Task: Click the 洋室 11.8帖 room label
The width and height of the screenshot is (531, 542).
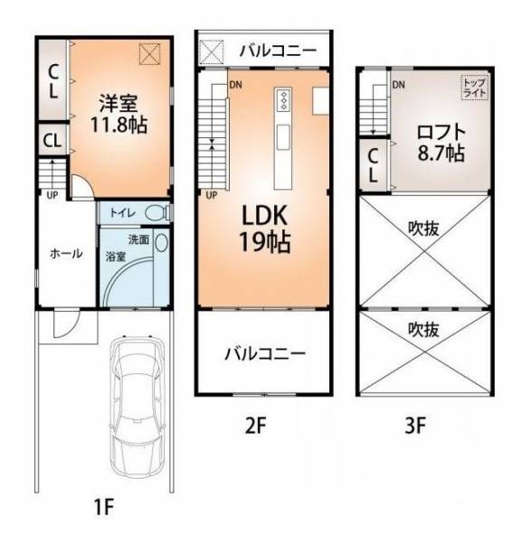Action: coord(119,114)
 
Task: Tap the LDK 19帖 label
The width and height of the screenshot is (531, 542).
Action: coord(264,229)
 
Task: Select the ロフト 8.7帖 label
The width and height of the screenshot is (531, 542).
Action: coord(441,143)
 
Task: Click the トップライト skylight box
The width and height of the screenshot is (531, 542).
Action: coord(475,88)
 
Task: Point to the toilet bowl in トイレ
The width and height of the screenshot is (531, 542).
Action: coord(157,212)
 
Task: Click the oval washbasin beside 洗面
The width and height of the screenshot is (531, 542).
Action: coord(161,242)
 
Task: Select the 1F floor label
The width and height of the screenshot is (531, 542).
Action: coord(104,508)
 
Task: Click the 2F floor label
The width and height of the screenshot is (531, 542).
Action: coord(256,425)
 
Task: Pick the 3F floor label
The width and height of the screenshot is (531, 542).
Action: coord(415,425)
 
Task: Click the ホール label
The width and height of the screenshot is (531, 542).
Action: coord(66,253)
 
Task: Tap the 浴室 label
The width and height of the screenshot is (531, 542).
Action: coord(115,257)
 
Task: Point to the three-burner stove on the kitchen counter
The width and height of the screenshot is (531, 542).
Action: coord(284,100)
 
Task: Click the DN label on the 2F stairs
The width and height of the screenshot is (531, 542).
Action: coord(236,85)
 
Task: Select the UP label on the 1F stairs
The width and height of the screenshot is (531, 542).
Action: coord(52,195)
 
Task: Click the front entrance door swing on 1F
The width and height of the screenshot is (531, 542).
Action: coord(67,324)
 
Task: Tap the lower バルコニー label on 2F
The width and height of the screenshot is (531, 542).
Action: coord(265,353)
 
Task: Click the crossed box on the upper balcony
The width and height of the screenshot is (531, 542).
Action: coord(212,52)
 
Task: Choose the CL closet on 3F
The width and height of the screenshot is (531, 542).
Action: coord(373,165)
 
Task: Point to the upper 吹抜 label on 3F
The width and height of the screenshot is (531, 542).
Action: coord(423,229)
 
